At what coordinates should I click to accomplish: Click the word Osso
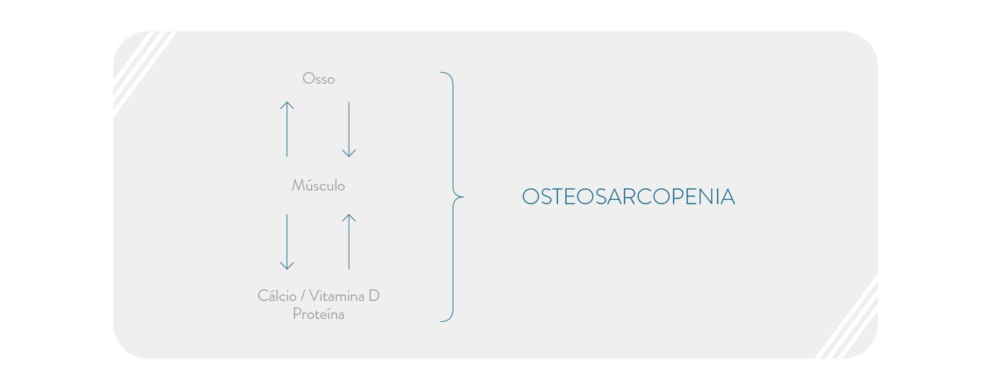pos(318,79)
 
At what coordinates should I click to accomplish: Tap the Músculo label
pos(318,185)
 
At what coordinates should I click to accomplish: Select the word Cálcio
pos(277,295)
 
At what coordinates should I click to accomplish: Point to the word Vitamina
pos(336,295)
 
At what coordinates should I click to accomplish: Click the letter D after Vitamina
pos(374,295)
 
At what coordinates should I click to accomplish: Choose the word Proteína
pos(318,314)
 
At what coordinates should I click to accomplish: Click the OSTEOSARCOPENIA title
pos(628,197)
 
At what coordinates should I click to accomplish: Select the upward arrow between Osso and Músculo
pos(287,129)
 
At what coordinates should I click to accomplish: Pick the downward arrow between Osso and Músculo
pos(349,129)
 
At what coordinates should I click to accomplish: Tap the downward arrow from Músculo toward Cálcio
pos(287,242)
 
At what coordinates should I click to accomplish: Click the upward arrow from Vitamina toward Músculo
pos(349,242)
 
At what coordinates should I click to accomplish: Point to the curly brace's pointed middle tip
pos(463,197)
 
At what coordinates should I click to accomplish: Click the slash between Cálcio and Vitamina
pos(302,296)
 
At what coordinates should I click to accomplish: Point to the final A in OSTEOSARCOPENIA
pos(727,197)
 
